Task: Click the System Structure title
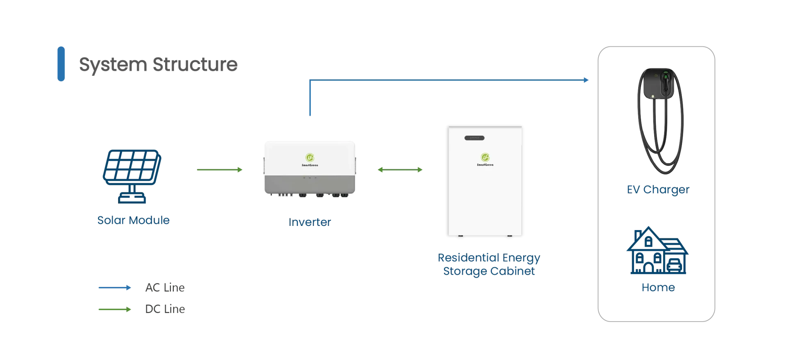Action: [158, 64]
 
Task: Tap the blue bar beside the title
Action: [61, 64]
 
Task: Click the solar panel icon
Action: [132, 176]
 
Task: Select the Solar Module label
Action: [133, 220]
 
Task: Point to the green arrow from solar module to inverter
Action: [220, 170]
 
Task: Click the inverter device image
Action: [310, 169]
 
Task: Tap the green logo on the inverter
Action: [310, 157]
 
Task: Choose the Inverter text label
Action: [309, 222]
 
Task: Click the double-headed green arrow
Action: [400, 170]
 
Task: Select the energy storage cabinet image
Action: [485, 181]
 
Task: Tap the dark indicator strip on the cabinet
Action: [474, 138]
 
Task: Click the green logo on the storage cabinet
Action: [485, 157]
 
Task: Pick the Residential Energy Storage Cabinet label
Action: [489, 264]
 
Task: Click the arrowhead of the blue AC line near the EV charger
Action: [587, 80]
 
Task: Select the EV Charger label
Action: [658, 189]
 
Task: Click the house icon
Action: [657, 250]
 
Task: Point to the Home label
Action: [658, 287]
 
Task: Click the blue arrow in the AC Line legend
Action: [115, 288]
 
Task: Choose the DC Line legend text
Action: [165, 309]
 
